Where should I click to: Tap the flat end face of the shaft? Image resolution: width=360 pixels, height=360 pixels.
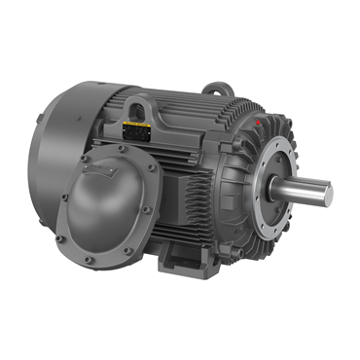click(328, 193)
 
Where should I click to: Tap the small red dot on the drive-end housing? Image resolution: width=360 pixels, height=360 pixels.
click(256, 125)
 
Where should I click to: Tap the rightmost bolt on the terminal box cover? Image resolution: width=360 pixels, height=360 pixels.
click(156, 195)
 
